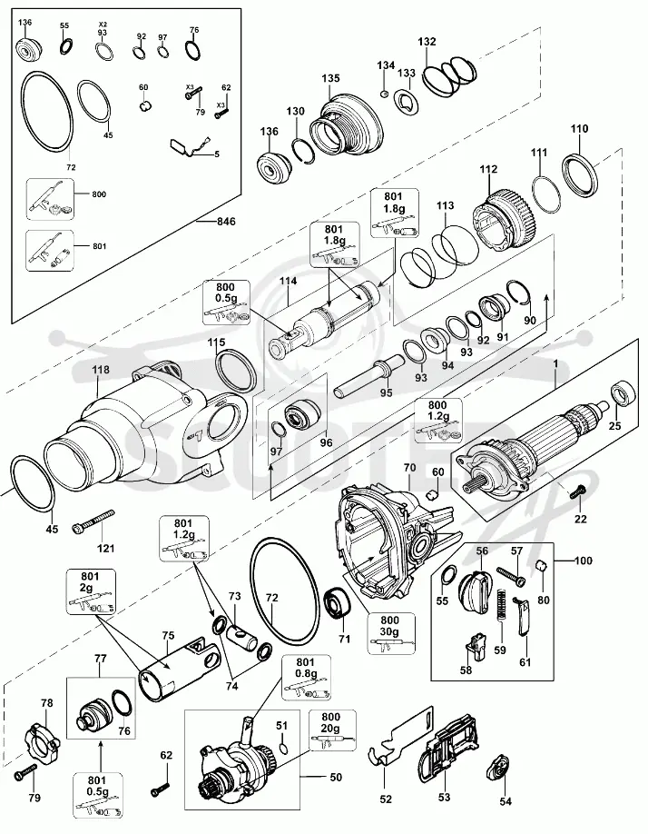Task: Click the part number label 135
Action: tap(330, 79)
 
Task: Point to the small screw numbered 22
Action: tap(577, 491)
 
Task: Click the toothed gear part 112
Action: tap(504, 219)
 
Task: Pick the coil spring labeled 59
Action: tap(501, 613)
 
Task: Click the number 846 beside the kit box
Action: tap(226, 222)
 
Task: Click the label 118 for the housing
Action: tap(100, 370)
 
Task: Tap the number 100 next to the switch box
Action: tap(584, 561)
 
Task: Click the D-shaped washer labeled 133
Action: tap(407, 101)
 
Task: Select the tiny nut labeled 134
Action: tap(385, 94)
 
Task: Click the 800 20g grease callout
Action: tap(330, 731)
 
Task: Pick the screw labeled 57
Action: tap(511, 575)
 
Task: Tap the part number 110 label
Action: tap(580, 129)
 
